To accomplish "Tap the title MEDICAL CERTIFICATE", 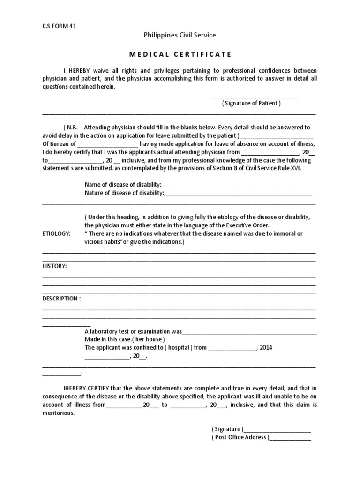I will coord(180,54).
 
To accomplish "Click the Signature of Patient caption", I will coord(251,103).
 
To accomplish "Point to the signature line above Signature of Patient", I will coord(255,97).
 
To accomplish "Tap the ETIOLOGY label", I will coord(57,233).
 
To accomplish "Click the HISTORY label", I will coord(54,266).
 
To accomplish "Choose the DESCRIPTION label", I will coord(61,299).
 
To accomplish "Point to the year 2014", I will coord(266,348).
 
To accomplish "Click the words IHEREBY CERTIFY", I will coord(86,388).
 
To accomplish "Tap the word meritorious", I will coord(58,413).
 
